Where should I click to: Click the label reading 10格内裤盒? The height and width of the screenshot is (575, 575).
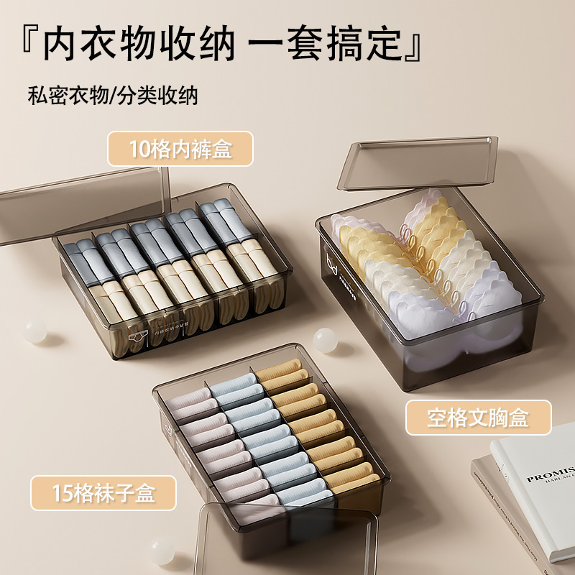(x=180, y=149)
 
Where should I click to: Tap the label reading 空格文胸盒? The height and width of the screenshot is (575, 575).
(x=478, y=418)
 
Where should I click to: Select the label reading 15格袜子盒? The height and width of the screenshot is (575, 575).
(x=103, y=493)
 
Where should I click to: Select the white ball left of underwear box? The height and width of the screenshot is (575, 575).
(x=33, y=330)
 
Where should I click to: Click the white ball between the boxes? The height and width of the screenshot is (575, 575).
(x=324, y=339)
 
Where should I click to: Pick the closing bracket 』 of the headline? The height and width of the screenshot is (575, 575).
(x=415, y=45)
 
